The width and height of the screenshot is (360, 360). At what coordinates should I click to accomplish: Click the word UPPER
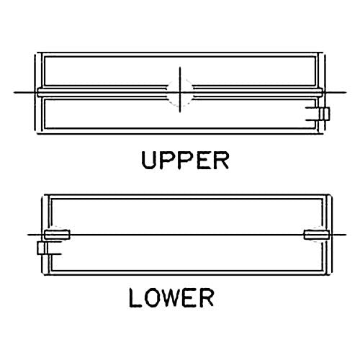point(185,161)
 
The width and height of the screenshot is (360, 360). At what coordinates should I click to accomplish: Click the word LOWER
point(171,297)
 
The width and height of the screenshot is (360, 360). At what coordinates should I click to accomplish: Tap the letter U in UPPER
point(148,161)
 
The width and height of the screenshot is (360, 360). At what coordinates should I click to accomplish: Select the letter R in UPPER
point(222,161)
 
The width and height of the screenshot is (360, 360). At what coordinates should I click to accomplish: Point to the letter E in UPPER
point(203,161)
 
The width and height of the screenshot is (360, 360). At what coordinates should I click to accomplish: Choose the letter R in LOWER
point(207,297)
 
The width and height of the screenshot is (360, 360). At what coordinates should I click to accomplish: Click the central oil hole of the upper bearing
point(180,92)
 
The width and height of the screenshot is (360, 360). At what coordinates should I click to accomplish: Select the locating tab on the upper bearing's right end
point(325,114)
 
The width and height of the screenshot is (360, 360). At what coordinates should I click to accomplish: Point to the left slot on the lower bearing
point(57,235)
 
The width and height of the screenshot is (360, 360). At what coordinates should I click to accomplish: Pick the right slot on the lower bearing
point(316,235)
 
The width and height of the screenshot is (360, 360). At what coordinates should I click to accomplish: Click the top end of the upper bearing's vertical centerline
point(180,67)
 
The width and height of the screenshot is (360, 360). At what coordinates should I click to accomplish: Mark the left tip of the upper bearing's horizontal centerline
point(14,92)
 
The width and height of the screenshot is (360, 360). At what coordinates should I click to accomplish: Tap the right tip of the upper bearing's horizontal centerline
point(346,92)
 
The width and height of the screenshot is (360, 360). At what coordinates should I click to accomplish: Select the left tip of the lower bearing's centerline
point(28,235)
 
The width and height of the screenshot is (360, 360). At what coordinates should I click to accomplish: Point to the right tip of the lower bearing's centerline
point(346,235)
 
